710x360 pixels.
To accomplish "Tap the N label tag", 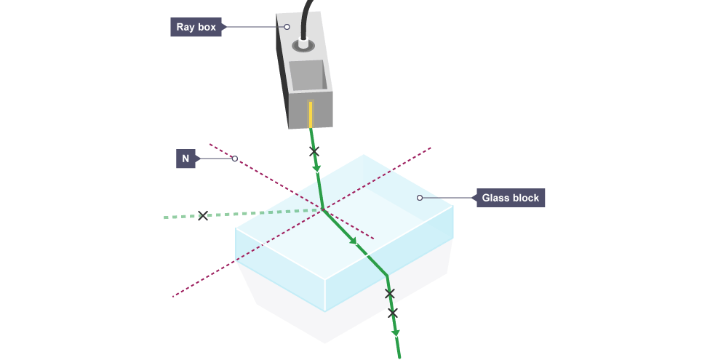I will pyautogui.click(x=186, y=159).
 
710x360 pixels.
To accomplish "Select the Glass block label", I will pyautogui.click(x=510, y=197).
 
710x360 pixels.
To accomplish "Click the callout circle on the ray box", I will pyautogui.click(x=287, y=27).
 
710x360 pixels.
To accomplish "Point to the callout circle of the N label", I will pyautogui.click(x=234, y=159).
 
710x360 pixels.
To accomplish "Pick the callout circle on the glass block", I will pyautogui.click(x=419, y=197).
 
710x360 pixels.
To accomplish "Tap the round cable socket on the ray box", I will pyautogui.click(x=302, y=46).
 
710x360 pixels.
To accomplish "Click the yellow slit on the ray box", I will pyautogui.click(x=311, y=113).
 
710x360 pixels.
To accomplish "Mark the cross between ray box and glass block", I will pyautogui.click(x=314, y=152).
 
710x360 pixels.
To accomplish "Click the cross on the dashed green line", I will pyautogui.click(x=203, y=215).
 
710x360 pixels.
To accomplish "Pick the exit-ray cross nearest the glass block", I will pyautogui.click(x=389, y=293).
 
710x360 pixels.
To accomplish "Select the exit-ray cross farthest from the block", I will pyautogui.click(x=393, y=313).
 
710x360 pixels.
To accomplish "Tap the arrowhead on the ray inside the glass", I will pyautogui.click(x=354, y=241).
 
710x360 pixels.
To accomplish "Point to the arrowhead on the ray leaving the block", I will pyautogui.click(x=396, y=333).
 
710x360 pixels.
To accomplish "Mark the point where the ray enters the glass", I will pyautogui.click(x=323, y=209).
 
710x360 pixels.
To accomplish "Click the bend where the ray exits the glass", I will pyautogui.click(x=386, y=276).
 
